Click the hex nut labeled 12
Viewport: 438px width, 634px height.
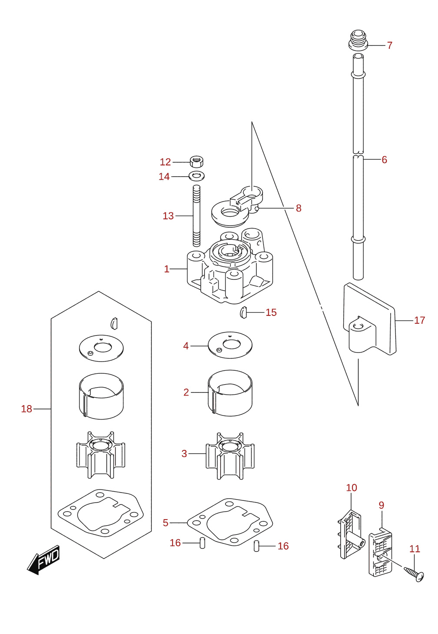tap(197, 161)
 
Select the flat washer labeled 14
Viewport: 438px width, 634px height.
tap(197, 176)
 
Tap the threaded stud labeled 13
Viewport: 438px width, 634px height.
tap(196, 216)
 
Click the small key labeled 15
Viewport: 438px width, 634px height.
tap(243, 312)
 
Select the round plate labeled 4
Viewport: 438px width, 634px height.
tap(230, 345)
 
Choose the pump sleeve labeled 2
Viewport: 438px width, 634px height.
tap(230, 393)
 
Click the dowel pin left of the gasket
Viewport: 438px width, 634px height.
tap(202, 543)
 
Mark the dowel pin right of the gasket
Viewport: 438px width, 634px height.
tap(256, 546)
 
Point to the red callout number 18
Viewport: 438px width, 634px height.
tap(27, 409)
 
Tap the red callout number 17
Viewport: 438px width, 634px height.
tap(419, 320)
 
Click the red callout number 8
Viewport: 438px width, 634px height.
tap(299, 208)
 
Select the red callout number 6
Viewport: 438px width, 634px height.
tap(384, 160)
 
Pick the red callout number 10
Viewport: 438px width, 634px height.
tap(352, 488)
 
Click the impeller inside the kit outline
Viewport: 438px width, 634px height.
tap(101, 455)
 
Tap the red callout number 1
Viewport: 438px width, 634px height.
tap(167, 269)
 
